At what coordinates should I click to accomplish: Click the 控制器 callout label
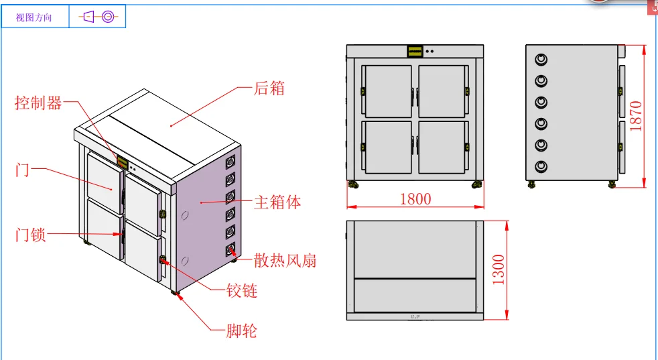[38, 103]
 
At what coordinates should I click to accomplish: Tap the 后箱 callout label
[269, 88]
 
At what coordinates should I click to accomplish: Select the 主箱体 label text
[277, 202]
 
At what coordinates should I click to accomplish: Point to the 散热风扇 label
[285, 260]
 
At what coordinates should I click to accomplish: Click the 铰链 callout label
[242, 290]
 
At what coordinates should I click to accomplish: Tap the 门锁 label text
[31, 235]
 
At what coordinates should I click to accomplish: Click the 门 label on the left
[22, 170]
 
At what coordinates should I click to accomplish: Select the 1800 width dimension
[415, 198]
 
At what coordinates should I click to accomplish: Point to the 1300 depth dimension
[499, 269]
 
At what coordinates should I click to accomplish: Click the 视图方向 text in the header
[34, 17]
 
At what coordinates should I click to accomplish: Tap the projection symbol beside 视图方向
[98, 17]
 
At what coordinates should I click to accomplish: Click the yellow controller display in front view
[415, 51]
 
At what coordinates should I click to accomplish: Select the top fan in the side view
[541, 59]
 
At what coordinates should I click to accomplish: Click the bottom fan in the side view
[541, 166]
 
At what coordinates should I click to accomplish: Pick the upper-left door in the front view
[387, 91]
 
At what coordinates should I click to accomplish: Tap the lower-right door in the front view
[442, 145]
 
